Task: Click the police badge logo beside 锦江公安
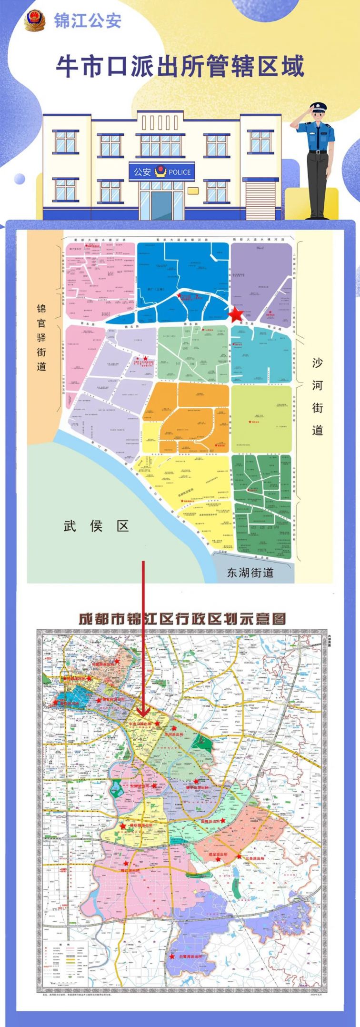(35, 21)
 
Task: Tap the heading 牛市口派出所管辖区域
(180, 66)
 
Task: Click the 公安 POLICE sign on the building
(161, 172)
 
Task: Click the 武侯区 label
(97, 526)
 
